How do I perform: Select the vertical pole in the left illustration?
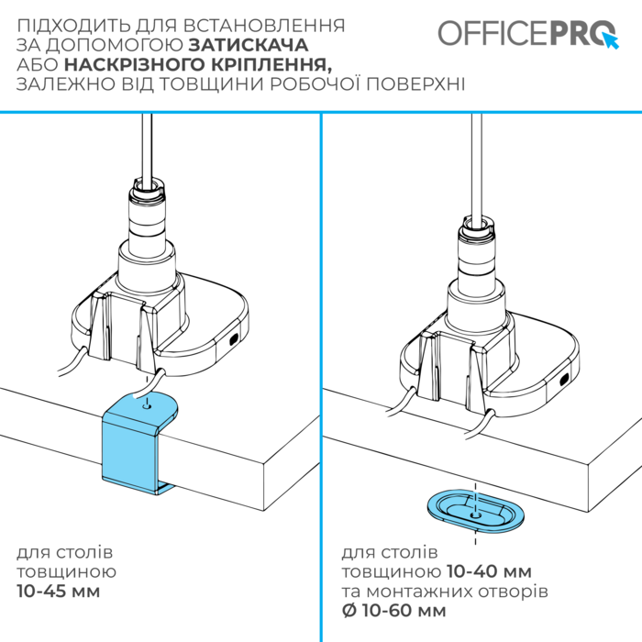(x=145, y=151)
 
